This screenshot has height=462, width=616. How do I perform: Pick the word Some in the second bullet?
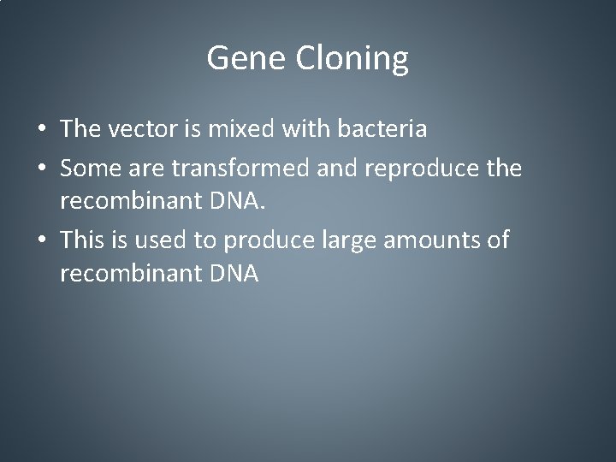tap(90, 169)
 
